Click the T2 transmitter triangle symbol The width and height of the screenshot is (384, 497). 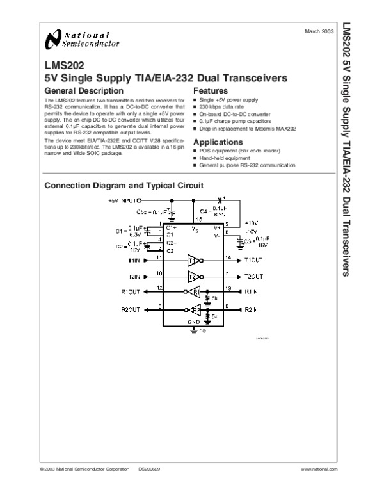coord(193,277)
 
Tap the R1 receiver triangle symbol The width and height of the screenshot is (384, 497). coord(195,292)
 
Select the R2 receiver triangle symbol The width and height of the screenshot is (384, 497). coord(195,310)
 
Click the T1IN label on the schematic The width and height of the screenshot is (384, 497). coord(133,261)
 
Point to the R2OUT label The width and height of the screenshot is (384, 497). coord(131,310)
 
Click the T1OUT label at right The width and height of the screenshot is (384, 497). coord(253,261)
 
